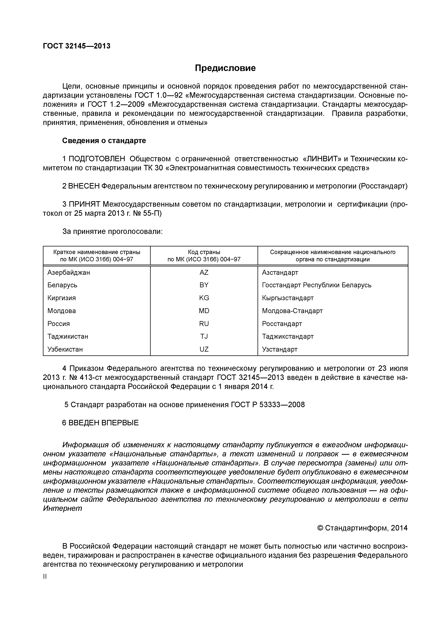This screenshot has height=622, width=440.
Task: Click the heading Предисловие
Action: pos(225,68)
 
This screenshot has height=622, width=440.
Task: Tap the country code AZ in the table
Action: pos(204,273)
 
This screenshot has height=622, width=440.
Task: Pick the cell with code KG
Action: pos(204,298)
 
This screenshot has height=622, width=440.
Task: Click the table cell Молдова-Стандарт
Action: pos(292,311)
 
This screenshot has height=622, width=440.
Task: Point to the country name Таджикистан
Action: pos(68,337)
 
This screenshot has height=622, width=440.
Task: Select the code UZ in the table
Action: pos(204,349)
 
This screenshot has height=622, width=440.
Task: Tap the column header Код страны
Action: pos(204,252)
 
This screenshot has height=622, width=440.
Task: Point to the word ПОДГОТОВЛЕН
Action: pos(97,159)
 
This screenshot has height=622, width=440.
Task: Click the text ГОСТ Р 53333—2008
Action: pos(268,405)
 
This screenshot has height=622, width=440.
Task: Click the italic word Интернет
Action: pos(62,508)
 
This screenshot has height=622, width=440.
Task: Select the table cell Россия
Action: pos(59,324)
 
